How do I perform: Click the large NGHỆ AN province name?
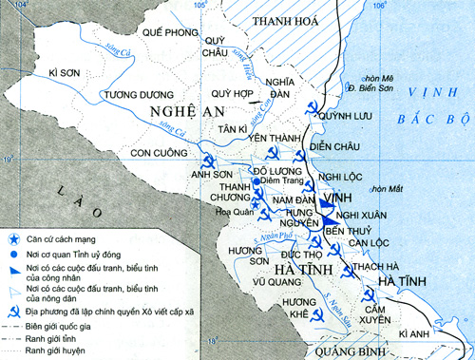pos(173,112)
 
